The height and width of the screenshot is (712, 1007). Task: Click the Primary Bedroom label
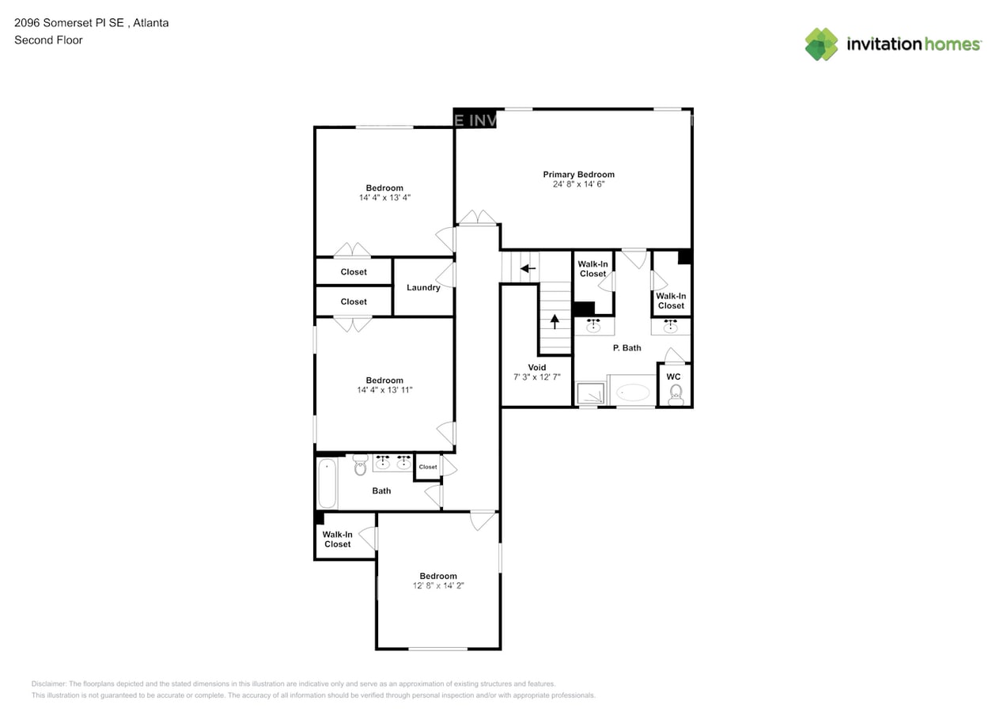tap(578, 174)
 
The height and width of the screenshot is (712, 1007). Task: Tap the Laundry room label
tap(423, 287)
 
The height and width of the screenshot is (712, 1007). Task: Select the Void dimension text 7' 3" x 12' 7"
tap(536, 377)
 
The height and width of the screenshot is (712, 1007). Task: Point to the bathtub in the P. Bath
tap(633, 392)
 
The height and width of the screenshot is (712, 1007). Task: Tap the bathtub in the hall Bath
tap(327, 483)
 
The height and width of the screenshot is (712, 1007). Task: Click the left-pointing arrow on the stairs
tap(528, 269)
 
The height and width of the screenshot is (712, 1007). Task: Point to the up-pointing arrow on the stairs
tap(555, 321)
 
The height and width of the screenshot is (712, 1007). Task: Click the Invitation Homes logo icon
tap(821, 44)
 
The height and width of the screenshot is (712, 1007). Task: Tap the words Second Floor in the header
tap(48, 40)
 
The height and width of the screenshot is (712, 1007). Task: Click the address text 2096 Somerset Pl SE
tap(70, 22)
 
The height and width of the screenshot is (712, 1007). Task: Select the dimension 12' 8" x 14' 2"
tap(438, 586)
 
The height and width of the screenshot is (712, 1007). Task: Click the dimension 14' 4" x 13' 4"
tap(384, 198)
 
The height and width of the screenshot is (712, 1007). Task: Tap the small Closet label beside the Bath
tap(428, 467)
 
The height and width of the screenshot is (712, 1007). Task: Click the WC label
tap(673, 377)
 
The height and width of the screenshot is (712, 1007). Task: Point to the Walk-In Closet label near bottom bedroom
tap(337, 539)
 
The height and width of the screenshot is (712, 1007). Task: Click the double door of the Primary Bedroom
tap(478, 218)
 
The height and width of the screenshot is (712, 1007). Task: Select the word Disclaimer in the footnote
tap(49, 684)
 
